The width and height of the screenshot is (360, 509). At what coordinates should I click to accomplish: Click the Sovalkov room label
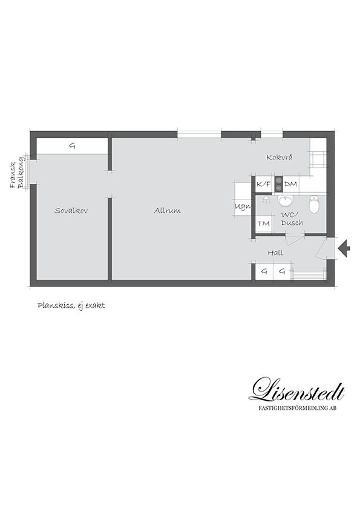pyautogui.click(x=71, y=210)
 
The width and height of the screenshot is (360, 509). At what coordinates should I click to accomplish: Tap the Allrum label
pyautogui.click(x=168, y=210)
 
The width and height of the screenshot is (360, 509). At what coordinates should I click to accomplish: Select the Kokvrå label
pyautogui.click(x=279, y=157)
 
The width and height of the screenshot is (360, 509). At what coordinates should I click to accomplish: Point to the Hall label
pyautogui.click(x=275, y=253)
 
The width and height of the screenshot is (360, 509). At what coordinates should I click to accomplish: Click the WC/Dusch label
pyautogui.click(x=292, y=219)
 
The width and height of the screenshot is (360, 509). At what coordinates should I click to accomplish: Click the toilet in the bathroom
pyautogui.click(x=314, y=204)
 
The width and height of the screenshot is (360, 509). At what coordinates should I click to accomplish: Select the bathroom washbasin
pyautogui.click(x=286, y=201)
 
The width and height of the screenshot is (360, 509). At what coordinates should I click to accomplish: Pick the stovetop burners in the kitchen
pyautogui.click(x=278, y=184)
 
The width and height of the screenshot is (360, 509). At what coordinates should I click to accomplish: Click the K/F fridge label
pyautogui.click(x=264, y=184)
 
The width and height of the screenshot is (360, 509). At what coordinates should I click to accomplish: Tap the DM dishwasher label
pyautogui.click(x=291, y=184)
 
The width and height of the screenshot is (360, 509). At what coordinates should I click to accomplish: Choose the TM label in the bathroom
pyautogui.click(x=264, y=223)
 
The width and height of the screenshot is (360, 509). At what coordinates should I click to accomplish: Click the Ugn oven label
pyautogui.click(x=243, y=207)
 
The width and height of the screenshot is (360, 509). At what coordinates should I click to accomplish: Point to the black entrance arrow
pyautogui.click(x=344, y=248)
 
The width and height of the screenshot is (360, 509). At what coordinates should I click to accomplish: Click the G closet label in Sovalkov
pyautogui.click(x=73, y=146)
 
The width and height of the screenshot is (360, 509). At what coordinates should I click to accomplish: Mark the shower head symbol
pyautogui.click(x=266, y=199)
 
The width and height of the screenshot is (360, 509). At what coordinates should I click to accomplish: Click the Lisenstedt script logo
pyautogui.click(x=296, y=389)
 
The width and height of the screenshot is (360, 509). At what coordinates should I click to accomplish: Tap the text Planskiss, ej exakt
pyautogui.click(x=71, y=306)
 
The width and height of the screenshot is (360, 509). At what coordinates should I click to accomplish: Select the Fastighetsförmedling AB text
pyautogui.click(x=297, y=408)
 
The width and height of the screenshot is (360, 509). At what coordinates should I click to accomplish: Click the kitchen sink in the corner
pyautogui.click(x=318, y=159)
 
